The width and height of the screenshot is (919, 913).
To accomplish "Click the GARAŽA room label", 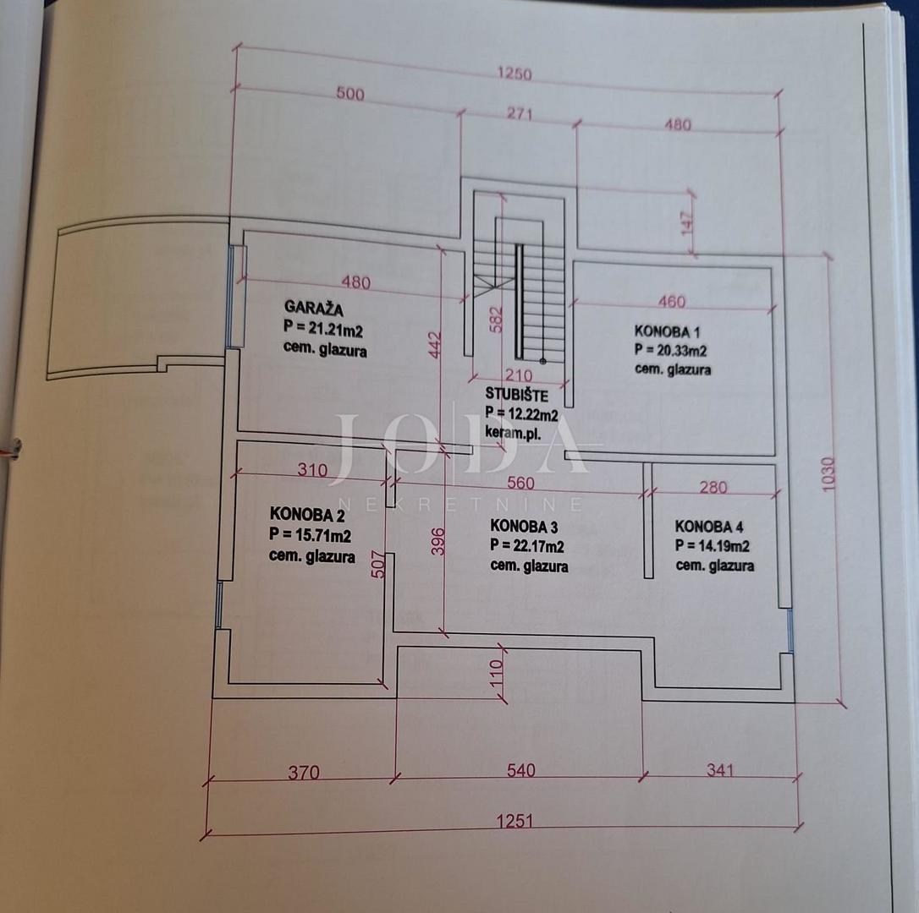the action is [x=314, y=308].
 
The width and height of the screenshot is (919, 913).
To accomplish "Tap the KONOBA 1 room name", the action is [x=667, y=331].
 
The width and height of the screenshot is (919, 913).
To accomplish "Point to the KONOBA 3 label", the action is [x=524, y=526].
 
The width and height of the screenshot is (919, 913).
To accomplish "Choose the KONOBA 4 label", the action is [x=708, y=526].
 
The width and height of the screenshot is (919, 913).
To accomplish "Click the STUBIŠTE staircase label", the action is [x=516, y=395].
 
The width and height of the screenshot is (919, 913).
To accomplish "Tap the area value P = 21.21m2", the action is [x=323, y=329].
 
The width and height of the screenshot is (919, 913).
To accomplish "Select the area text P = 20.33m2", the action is [x=670, y=350].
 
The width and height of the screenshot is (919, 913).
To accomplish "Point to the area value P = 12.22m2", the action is [x=521, y=413].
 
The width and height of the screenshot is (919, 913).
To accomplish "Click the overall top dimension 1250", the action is [x=515, y=74].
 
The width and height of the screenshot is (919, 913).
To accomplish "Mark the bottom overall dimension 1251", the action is [x=515, y=821].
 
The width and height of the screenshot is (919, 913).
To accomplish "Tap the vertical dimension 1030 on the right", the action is [x=828, y=474].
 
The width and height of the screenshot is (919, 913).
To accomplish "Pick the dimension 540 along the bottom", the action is [x=521, y=769].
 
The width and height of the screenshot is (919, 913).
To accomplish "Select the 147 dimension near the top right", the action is [x=687, y=222].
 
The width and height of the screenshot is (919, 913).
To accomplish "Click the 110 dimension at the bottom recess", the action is [x=497, y=674].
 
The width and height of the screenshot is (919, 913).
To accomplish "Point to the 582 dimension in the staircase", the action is [x=496, y=320].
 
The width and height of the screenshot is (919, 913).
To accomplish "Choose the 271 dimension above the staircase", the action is [x=520, y=113].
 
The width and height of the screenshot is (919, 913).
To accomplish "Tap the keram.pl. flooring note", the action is [x=513, y=434].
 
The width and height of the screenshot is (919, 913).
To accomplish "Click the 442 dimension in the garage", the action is [x=435, y=346].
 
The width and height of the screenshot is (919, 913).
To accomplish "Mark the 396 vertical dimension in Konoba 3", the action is [x=438, y=542].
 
